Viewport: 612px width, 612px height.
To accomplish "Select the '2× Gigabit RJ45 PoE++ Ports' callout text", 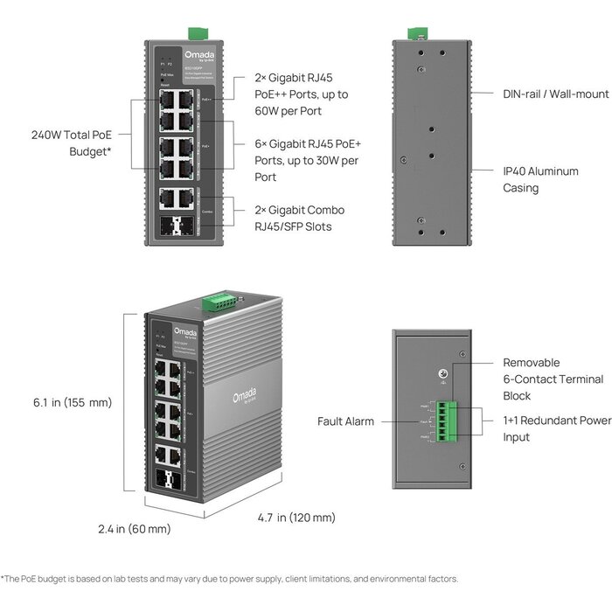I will coord(288,94).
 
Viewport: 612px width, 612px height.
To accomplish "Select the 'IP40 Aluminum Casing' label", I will coord(540,179).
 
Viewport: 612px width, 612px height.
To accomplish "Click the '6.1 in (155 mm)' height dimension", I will coord(73,403).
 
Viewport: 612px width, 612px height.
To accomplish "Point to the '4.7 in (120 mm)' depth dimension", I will coord(295,518).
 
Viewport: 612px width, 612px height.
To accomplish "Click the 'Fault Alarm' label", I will coord(345,421).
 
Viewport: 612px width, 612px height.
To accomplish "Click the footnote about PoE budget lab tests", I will coord(229,579).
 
